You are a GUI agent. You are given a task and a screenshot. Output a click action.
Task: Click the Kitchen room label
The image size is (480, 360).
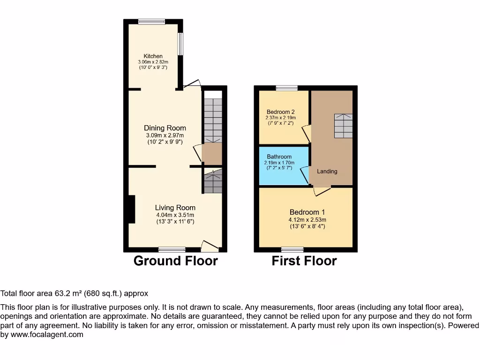[153, 56]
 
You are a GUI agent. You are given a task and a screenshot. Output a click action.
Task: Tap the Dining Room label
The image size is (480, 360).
[165, 128]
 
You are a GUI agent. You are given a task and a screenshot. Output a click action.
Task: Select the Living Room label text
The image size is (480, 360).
[175, 208]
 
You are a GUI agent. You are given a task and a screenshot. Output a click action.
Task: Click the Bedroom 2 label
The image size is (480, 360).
[281, 112]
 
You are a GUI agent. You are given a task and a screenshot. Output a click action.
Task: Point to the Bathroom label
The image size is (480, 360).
[279, 157]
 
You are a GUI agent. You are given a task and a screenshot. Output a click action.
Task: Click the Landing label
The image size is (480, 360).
[327, 171]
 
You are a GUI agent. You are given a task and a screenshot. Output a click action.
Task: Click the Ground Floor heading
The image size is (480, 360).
[175, 261]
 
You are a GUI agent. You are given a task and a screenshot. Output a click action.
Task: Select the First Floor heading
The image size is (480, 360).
[304, 261]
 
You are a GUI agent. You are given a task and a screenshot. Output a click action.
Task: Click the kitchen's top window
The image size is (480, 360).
[151, 21]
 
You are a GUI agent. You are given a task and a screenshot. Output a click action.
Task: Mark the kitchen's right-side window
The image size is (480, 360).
[180, 44]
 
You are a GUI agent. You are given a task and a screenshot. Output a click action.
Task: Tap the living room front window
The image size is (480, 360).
[172, 249]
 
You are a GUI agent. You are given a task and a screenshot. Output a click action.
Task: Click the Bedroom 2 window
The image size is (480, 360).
[286, 88]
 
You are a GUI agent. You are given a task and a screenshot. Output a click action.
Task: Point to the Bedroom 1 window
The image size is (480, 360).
[292, 249]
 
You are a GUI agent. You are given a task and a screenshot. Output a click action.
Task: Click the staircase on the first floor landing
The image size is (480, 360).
[343, 126]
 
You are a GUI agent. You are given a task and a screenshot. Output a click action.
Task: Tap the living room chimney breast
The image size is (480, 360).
[131, 209]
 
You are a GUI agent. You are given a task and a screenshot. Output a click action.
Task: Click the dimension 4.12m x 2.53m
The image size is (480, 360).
[307, 219]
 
